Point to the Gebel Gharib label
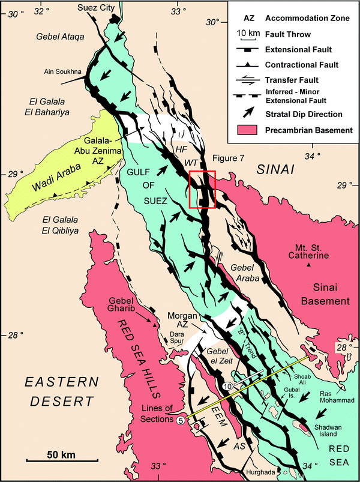(x=127, y=305)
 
